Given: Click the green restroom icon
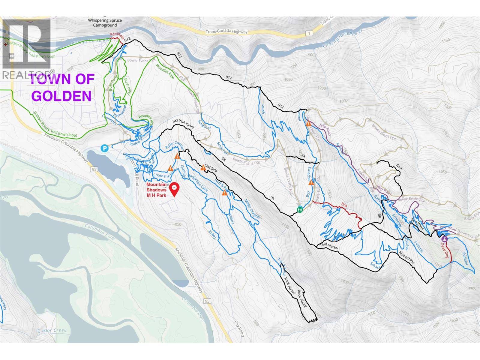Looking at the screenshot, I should [x=299, y=209].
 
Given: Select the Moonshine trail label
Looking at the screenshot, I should [x=406, y=257].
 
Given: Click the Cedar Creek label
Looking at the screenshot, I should [x=52, y=330].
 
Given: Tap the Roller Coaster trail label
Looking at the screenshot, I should [x=174, y=145].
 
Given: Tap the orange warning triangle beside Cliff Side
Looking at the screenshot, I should [x=203, y=167].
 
